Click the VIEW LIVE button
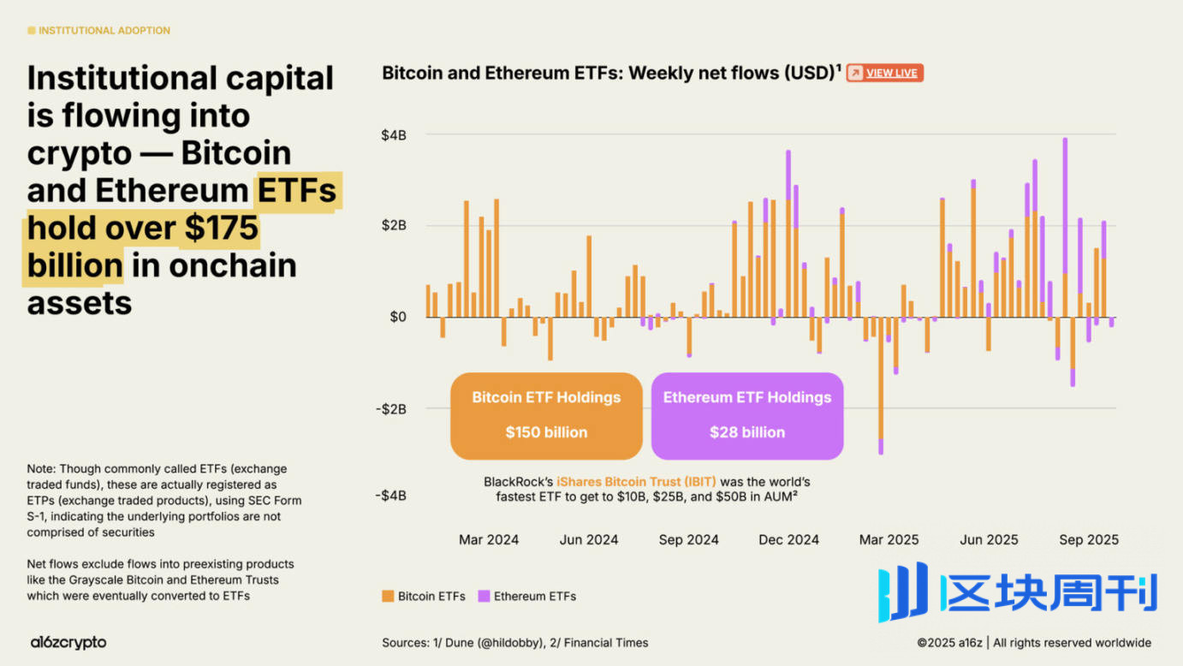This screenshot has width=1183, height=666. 884,73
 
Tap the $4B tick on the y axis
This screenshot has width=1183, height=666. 394,134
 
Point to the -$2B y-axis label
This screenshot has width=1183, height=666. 390,408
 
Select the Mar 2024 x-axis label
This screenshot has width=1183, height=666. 489,539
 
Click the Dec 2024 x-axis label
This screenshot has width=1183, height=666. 788,539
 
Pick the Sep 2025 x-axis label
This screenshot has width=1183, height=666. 1089,539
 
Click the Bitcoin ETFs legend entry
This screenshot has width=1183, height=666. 424,596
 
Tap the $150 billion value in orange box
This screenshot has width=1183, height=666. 546,432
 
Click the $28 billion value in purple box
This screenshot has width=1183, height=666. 747,432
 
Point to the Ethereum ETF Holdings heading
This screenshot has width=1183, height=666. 747,397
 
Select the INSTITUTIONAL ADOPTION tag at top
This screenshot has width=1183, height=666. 99,30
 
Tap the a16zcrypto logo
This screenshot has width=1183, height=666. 68,642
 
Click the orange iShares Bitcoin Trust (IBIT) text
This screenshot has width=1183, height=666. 636,482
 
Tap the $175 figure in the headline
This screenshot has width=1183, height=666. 219,228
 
